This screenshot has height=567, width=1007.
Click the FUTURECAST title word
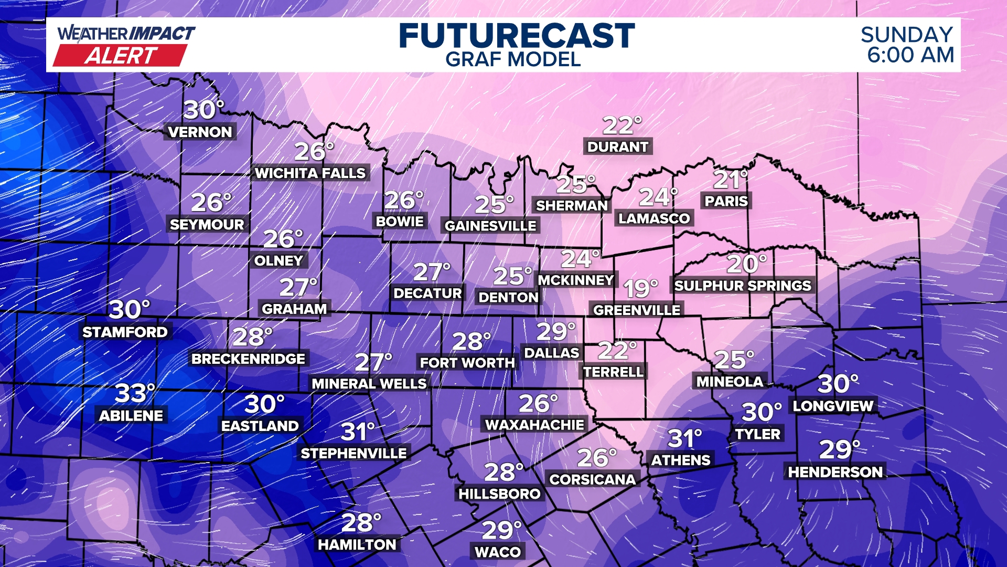click(517, 36)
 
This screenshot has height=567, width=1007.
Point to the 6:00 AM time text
click(910, 55)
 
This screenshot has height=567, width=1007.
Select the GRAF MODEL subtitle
click(513, 60)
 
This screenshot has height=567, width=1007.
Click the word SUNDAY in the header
click(906, 35)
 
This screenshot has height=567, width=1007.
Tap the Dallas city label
click(552, 353)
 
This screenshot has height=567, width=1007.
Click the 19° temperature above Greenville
click(640, 289)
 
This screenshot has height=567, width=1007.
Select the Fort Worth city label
click(467, 363)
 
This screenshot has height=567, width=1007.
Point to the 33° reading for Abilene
click(135, 393)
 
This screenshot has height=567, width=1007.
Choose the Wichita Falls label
click(310, 173)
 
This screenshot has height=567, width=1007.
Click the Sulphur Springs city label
click(743, 286)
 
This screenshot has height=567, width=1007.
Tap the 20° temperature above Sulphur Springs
click(746, 264)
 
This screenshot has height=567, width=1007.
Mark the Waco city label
click(498, 552)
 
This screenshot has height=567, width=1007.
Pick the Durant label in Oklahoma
click(618, 147)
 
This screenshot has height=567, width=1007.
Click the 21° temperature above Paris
click(730, 180)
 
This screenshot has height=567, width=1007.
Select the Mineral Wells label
click(369, 384)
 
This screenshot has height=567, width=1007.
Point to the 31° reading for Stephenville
click(358, 432)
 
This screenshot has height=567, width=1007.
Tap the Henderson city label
click(835, 472)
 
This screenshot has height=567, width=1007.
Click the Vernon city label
click(200, 132)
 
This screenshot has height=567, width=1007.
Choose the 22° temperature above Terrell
click(617, 351)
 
